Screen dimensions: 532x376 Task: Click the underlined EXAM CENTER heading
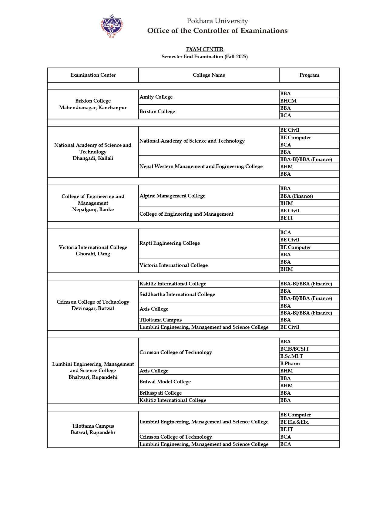click(205, 49)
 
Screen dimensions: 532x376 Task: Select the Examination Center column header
click(93, 75)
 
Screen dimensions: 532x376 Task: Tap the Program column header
click(309, 75)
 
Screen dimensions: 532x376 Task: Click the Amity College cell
click(156, 97)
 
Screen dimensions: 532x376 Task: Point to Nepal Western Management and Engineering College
click(201, 167)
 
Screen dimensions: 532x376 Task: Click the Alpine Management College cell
click(172, 196)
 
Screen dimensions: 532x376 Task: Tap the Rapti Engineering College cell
click(170, 243)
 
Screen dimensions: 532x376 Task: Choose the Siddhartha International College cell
click(177, 295)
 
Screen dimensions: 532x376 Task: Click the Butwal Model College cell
click(165, 382)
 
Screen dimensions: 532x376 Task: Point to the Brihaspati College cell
click(160, 393)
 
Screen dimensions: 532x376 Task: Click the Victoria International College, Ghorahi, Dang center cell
click(93, 251)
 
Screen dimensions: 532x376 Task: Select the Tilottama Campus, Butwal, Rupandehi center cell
click(93, 429)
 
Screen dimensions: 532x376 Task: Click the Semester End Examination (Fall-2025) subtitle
click(205, 57)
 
